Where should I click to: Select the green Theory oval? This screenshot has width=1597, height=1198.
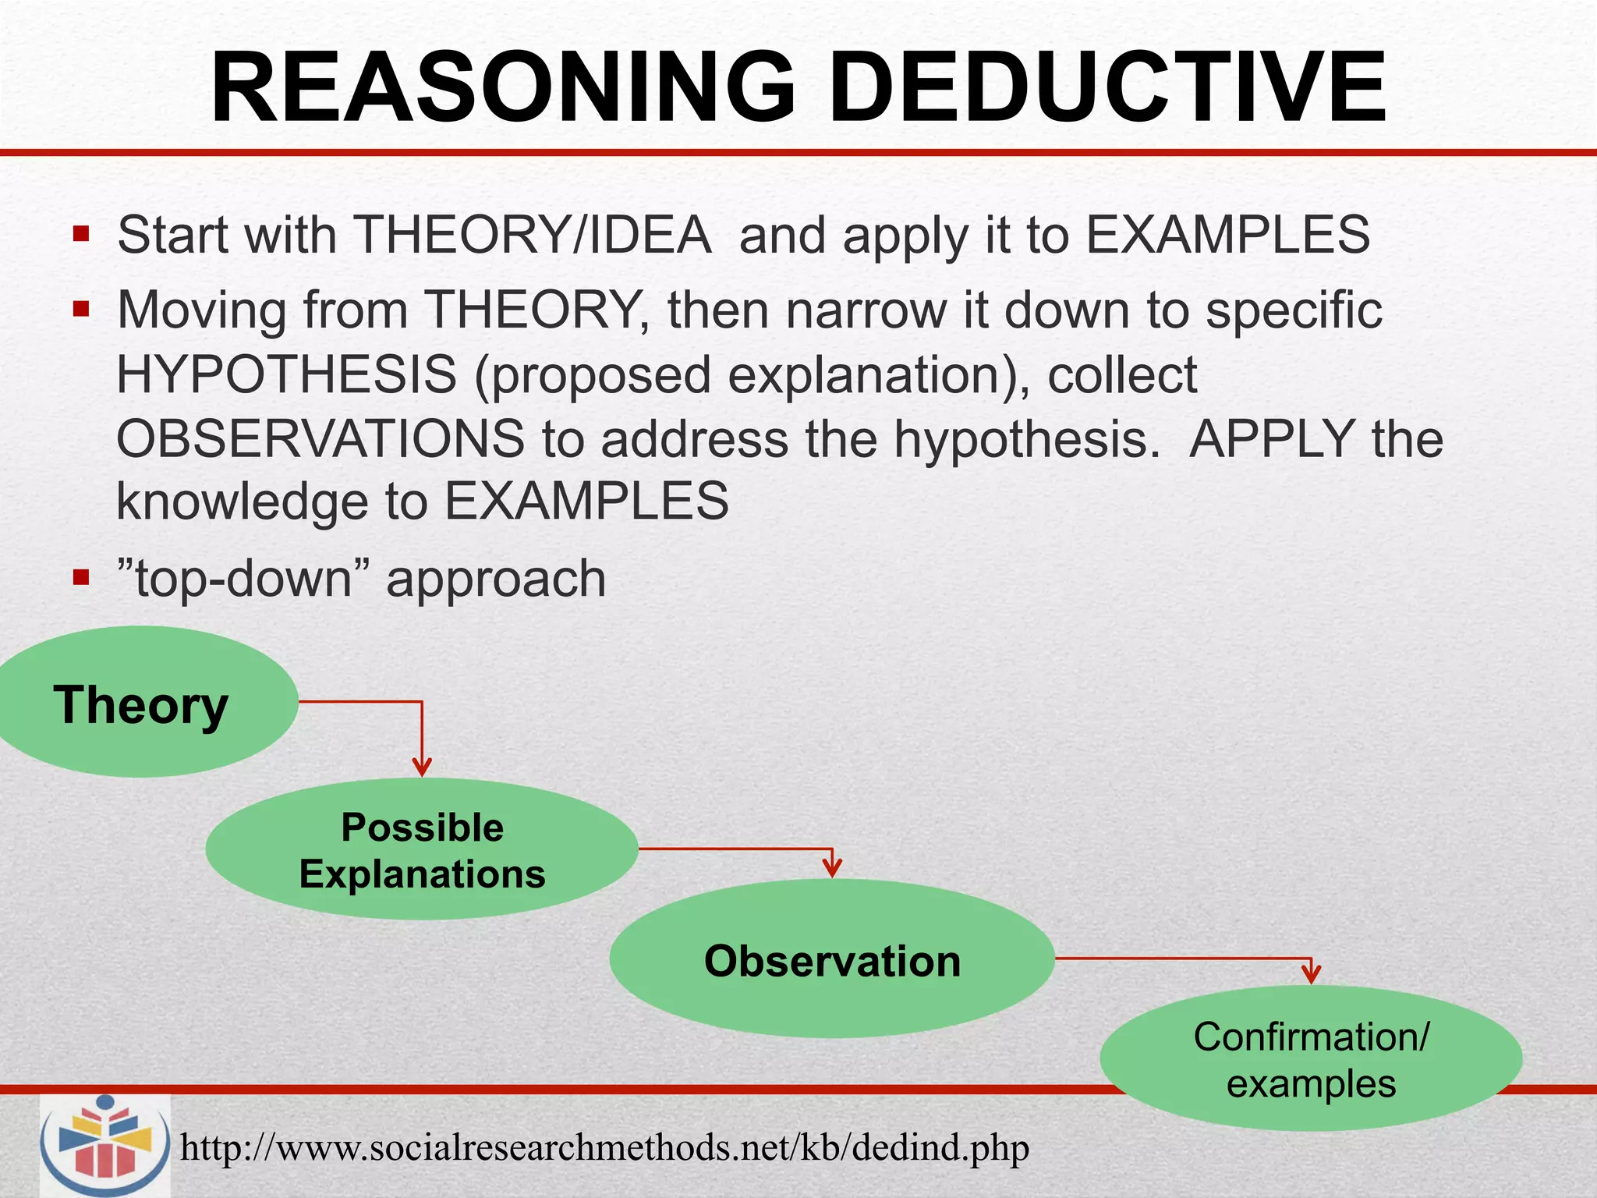[x=140, y=702]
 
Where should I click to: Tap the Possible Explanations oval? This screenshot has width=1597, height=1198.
[x=422, y=849]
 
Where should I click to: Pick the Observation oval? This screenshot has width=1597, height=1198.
[x=831, y=959]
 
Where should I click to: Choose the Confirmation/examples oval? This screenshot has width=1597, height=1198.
[x=1311, y=1059]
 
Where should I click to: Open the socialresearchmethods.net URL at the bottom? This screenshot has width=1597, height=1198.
[x=604, y=1147]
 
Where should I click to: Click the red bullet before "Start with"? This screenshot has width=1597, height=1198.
[x=81, y=234]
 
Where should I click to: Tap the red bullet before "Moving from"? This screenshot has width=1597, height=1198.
[x=81, y=310]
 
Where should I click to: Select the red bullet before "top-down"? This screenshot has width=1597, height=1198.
[x=81, y=578]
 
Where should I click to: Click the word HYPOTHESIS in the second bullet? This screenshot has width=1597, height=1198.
[x=286, y=374]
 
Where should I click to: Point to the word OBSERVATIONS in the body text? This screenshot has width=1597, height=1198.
[x=320, y=438]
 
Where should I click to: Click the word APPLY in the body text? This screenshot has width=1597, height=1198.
[x=1272, y=438]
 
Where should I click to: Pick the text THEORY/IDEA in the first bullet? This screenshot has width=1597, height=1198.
[x=532, y=234]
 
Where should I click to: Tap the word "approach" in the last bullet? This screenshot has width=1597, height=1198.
[x=496, y=580]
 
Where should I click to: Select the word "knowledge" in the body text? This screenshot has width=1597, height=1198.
[x=242, y=501]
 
